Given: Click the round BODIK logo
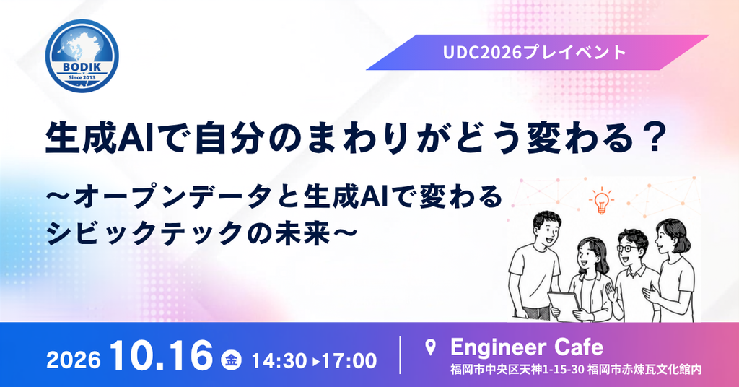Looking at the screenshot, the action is (82, 56).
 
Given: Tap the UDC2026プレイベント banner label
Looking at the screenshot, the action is (535, 52).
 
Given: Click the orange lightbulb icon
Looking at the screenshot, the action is (601, 201).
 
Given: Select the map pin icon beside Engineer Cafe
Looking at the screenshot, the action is (430, 347).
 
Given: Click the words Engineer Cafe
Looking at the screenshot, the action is (526, 347).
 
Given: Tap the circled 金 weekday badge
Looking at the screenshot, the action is (232, 360).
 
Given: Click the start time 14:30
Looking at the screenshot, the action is (279, 361).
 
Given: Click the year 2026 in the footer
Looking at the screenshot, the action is (74, 361).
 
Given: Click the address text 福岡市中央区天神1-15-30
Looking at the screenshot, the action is (517, 369).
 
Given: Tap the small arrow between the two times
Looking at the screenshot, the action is (315, 362).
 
